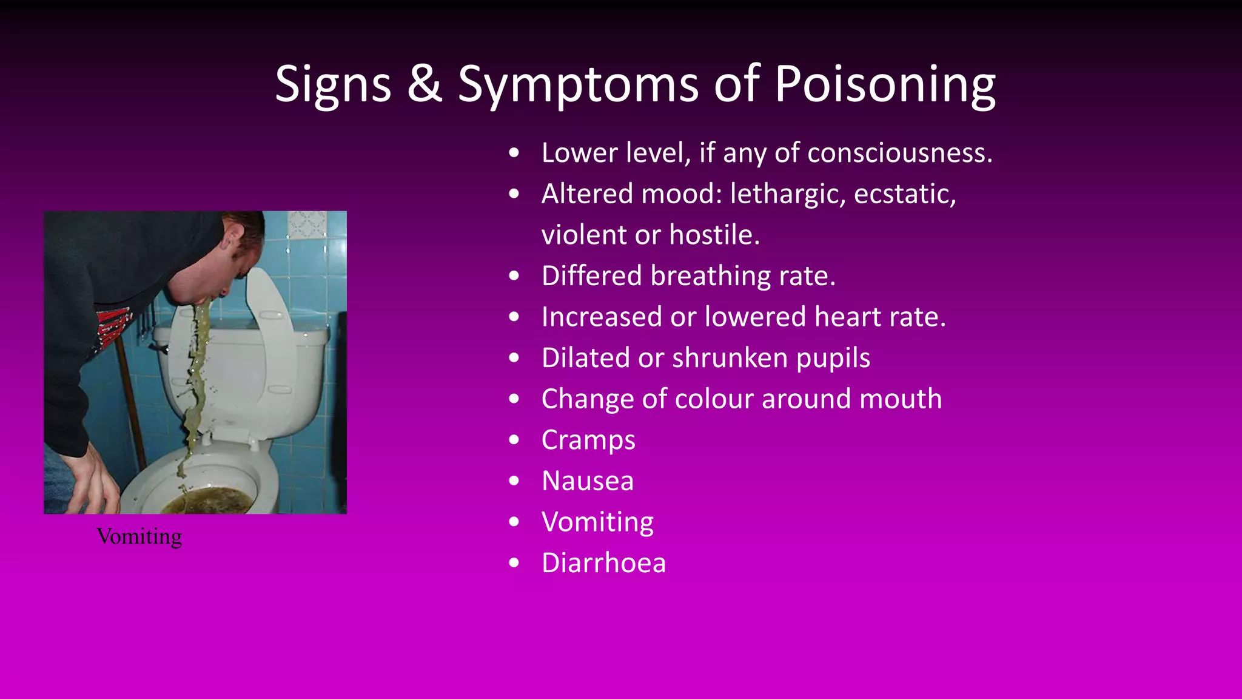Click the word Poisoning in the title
(x=885, y=85)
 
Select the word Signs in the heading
(x=333, y=85)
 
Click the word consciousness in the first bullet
(x=900, y=153)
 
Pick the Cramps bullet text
(x=588, y=441)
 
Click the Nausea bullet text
(x=588, y=481)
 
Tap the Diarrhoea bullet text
(x=603, y=563)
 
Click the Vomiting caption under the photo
(x=139, y=536)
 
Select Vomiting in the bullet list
(x=597, y=522)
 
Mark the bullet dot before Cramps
(x=514, y=440)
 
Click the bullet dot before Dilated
(x=514, y=358)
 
